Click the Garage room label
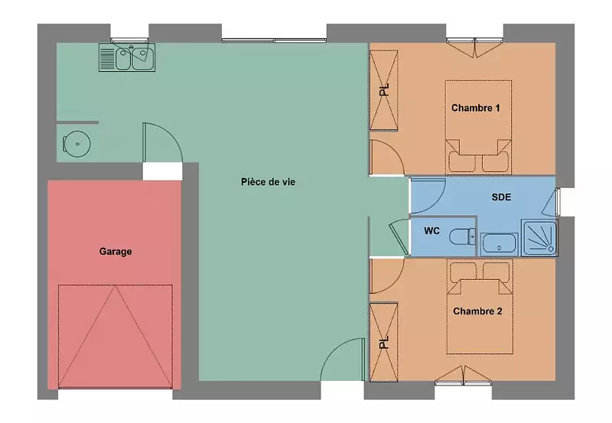(116, 252)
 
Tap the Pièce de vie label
(269, 182)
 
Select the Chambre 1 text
(475, 108)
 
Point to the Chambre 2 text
(477, 311)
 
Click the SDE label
(501, 197)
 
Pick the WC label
(431, 231)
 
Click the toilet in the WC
(463, 236)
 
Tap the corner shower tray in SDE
(539, 238)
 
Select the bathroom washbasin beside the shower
(500, 244)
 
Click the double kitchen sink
(127, 57)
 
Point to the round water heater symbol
(77, 144)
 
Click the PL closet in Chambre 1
(384, 90)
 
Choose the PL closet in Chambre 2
(384, 342)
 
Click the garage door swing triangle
(116, 337)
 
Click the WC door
(399, 238)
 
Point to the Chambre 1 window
(474, 41)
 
